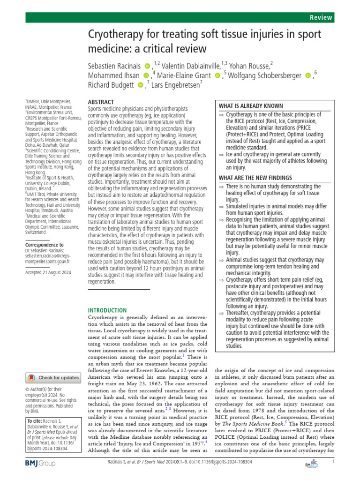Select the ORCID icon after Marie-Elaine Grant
tap(217, 75)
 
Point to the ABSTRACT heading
tap(101, 102)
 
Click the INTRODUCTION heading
tap(107, 310)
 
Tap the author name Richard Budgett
tap(111, 85)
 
